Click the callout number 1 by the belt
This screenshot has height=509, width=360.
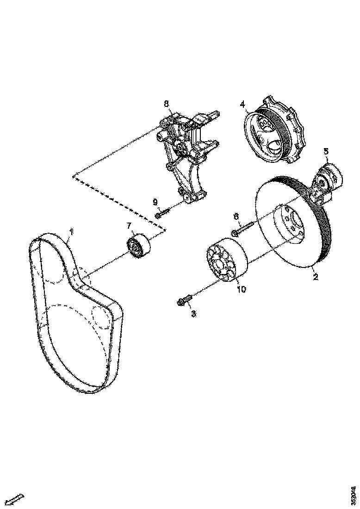point(71,230)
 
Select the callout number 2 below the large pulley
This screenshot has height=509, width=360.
point(315,277)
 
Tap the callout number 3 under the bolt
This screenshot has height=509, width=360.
point(193,314)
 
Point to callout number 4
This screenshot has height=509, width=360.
point(242,104)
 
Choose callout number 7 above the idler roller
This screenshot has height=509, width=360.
point(130,225)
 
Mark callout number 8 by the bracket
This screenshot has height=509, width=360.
point(166,103)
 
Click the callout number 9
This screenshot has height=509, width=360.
point(155,202)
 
